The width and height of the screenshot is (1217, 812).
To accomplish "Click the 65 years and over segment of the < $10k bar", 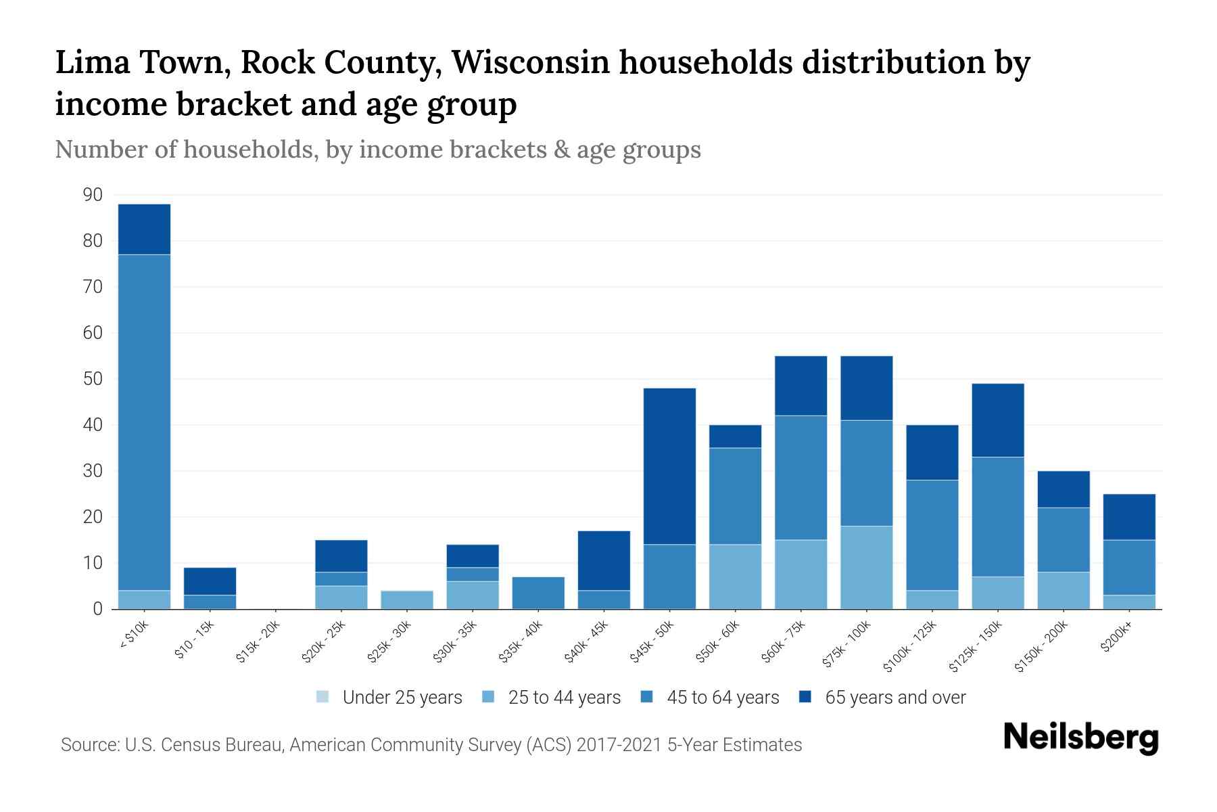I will click(144, 229).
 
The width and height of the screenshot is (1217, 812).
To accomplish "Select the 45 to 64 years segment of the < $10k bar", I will click(144, 422).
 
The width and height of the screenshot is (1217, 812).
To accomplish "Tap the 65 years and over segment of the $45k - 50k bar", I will click(669, 466).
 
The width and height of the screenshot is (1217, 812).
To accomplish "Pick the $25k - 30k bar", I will click(407, 600).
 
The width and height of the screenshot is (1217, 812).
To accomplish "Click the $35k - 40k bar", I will click(538, 593).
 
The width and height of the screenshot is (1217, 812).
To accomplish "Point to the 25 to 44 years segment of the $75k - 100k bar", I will click(866, 568).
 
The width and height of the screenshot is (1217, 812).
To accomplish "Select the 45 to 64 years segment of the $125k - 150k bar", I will click(997, 517).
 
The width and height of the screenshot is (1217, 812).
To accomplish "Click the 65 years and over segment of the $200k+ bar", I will click(1129, 517).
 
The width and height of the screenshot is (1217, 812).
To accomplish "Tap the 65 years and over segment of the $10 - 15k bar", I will click(210, 581).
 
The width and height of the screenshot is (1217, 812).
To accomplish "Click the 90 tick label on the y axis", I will click(93, 195).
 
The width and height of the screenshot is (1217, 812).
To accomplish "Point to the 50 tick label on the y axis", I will click(93, 379).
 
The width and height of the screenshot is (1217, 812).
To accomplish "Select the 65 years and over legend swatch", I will click(805, 697).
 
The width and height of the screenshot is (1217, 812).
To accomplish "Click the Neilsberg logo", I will click(1080, 738).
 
